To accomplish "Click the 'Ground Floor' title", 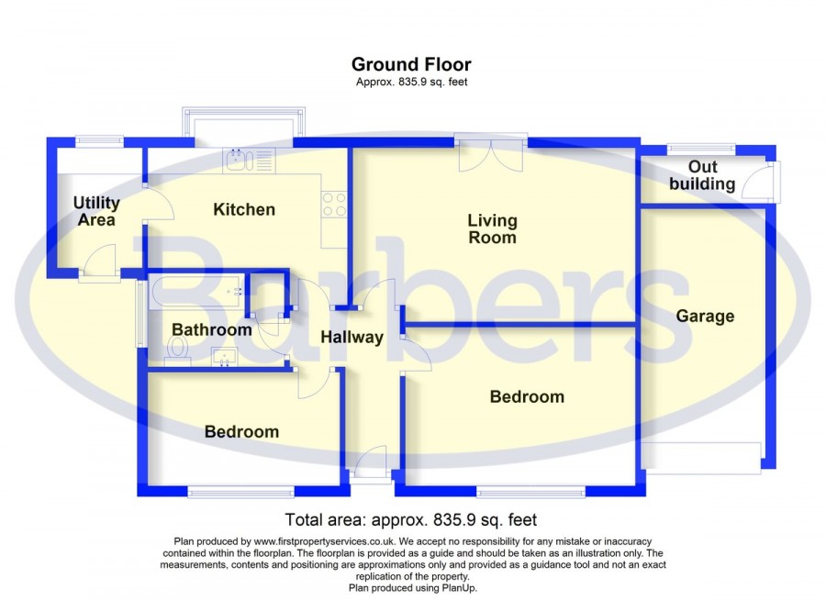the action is [411, 64].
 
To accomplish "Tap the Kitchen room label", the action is [244, 209].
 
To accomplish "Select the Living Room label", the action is [492, 228].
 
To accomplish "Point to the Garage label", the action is [705, 316].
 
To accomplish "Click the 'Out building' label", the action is [702, 175].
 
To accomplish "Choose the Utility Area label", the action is [96, 211].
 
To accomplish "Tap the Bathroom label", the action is [212, 329].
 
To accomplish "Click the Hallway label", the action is [352, 337].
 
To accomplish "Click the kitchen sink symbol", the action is [249, 161].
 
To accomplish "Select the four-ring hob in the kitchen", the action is [334, 205].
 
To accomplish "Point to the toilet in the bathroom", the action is [177, 350].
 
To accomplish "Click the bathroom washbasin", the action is [225, 356].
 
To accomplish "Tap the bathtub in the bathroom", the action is [196, 292].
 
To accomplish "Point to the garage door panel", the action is [701, 455].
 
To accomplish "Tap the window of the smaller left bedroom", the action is [240, 492].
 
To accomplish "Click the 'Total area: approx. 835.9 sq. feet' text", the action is [411, 520].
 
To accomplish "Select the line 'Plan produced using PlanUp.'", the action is [413, 588].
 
